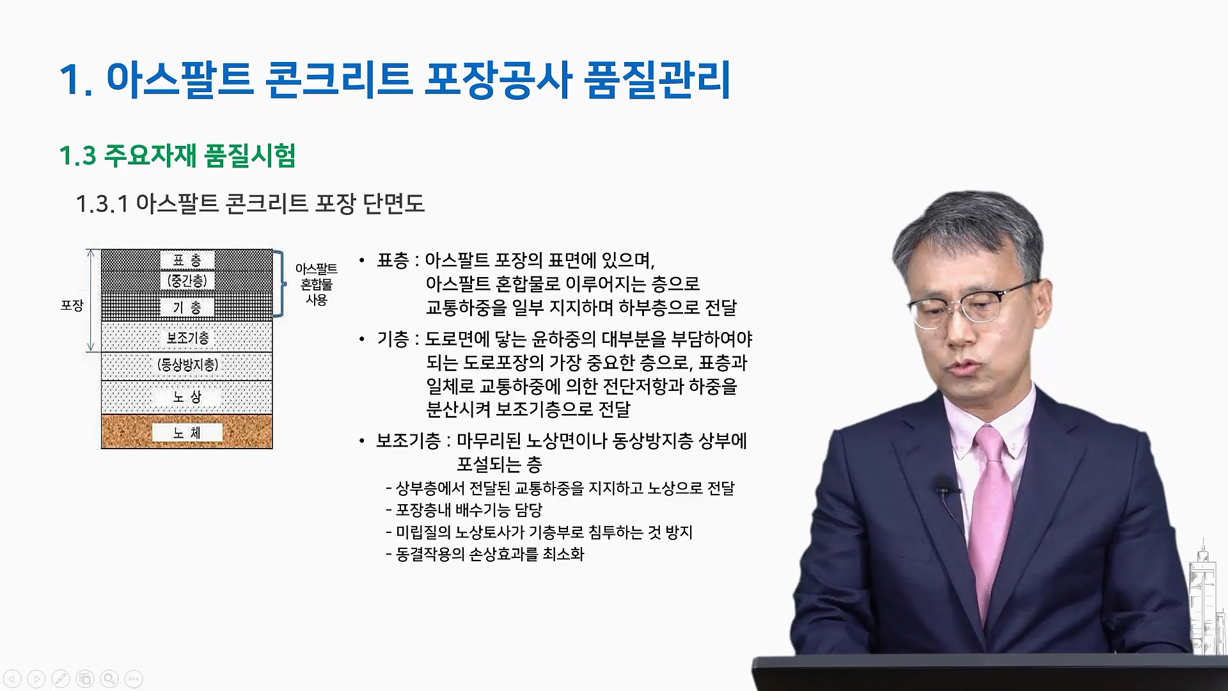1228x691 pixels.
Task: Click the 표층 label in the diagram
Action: point(187,260)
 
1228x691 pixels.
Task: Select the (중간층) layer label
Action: point(187,281)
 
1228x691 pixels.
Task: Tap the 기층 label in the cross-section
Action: point(187,308)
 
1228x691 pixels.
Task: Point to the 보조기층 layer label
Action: point(187,338)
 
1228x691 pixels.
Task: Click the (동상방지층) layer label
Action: point(187,365)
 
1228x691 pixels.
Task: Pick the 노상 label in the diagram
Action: point(187,397)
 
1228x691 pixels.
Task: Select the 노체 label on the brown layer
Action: point(187,433)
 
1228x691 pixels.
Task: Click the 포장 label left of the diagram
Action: point(72,306)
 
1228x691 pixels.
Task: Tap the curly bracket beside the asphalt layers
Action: point(279,283)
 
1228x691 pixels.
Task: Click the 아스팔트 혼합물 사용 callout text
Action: point(317,284)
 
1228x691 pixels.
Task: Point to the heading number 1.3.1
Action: point(102,204)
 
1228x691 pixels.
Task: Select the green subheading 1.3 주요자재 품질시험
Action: point(177,155)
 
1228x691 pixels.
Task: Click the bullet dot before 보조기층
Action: point(362,441)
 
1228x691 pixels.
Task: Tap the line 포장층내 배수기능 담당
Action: point(464,511)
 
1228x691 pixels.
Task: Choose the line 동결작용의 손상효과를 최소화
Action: point(485,554)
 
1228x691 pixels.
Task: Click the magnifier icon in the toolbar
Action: point(109,679)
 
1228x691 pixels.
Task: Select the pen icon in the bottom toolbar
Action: point(61,679)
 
